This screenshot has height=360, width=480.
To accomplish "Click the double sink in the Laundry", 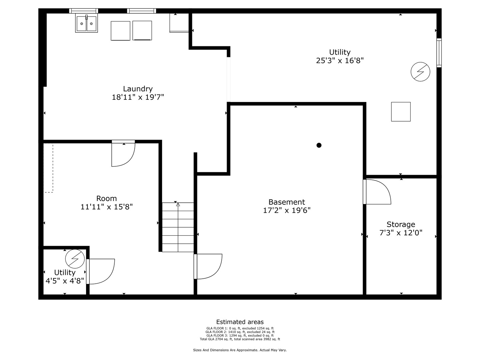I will (87, 23).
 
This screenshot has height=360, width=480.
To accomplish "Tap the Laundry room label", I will (138, 89).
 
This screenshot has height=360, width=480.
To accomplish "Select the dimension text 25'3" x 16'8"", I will (340, 61).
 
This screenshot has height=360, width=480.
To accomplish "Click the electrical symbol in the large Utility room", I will (420, 71).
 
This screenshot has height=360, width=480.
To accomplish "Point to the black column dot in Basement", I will (319, 145).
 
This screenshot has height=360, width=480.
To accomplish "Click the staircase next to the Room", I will (178, 227).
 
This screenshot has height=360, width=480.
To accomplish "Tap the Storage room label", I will (401, 224).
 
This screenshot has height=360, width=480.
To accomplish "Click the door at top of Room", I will (123, 154).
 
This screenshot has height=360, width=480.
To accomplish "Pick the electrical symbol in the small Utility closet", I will (75, 259).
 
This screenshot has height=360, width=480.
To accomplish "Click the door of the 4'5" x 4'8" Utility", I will (101, 271).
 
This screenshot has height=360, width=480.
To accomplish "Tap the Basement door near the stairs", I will (208, 266).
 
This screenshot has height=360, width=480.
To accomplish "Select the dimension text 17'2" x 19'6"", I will (287, 210).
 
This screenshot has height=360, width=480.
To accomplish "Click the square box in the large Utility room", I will (401, 112).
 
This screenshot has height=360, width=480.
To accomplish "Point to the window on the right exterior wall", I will (439, 53).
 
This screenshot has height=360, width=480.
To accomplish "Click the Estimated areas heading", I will (240, 322).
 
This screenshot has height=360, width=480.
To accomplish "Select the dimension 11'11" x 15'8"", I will (107, 207).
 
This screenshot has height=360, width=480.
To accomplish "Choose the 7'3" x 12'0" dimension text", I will (401, 233).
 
